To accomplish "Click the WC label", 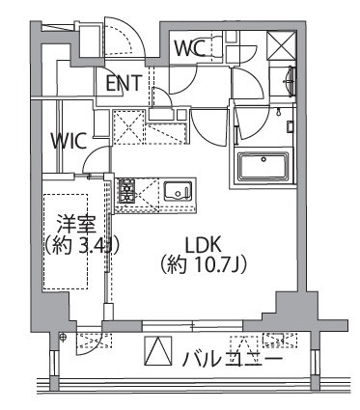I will [x=190, y=46].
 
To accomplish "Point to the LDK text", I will [x=205, y=245].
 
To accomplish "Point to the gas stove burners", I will [x=126, y=190].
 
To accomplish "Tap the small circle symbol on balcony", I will [x=62, y=337].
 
